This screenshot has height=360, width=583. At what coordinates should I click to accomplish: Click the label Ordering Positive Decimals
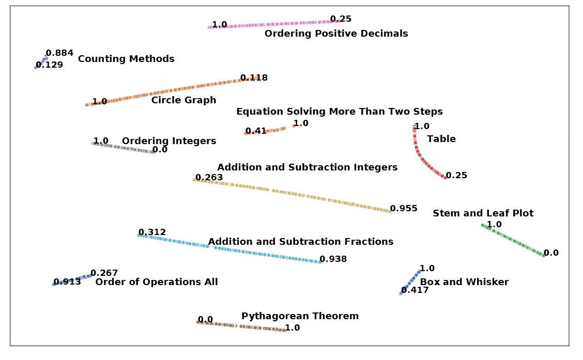336,34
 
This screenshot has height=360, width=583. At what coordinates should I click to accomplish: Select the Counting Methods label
126,59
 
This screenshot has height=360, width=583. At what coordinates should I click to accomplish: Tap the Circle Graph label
183,100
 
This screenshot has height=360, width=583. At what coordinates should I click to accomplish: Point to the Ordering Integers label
169,141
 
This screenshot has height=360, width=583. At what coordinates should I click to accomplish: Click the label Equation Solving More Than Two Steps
339,112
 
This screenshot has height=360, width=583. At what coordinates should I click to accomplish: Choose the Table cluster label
441,139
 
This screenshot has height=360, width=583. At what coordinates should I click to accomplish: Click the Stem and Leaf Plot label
483,213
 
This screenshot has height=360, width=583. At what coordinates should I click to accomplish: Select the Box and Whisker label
464,282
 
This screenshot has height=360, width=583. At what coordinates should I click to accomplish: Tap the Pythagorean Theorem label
300,316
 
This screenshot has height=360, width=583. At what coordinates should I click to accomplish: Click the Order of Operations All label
157,282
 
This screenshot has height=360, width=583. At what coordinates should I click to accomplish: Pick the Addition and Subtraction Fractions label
300,242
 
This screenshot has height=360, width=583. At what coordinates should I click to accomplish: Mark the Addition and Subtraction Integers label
307,167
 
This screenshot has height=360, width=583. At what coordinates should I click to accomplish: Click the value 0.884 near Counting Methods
59,53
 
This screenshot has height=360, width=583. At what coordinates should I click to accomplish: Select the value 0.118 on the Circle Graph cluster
254,78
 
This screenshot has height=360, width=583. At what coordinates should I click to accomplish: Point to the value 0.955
404,209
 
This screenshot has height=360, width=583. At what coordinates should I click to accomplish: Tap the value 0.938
333,259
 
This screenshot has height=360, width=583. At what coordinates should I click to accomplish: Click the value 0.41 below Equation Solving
255,131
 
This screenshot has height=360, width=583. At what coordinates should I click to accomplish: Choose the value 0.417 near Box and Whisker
415,290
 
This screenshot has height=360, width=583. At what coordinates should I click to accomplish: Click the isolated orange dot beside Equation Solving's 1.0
294,126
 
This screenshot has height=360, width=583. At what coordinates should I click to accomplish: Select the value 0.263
209,178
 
